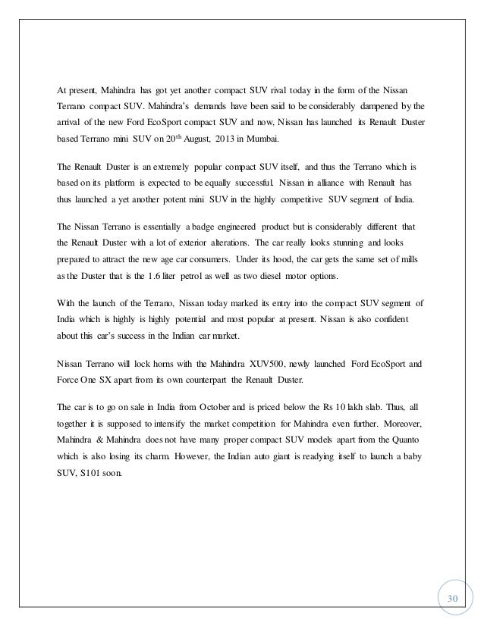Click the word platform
115,183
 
